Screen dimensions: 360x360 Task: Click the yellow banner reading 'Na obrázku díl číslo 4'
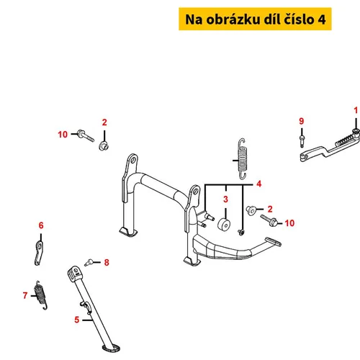(255, 19)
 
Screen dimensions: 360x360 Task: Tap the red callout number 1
(356, 110)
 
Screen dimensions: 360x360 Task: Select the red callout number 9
(302, 121)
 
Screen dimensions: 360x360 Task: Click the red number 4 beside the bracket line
(258, 184)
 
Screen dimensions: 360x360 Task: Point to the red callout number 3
(225, 199)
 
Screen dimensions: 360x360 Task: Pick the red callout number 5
(76, 320)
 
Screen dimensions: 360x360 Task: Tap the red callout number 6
(41, 225)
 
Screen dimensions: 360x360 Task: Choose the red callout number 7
(25, 295)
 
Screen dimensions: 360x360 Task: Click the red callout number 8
(107, 262)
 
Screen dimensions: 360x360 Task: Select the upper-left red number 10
(63, 135)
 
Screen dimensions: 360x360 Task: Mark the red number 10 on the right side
(289, 223)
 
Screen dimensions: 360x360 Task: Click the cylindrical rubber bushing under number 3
(224, 225)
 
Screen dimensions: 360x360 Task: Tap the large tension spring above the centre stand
(243, 158)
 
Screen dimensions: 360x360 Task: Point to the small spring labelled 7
(41, 295)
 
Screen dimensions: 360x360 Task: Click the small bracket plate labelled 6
(39, 253)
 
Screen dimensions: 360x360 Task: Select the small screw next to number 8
(89, 262)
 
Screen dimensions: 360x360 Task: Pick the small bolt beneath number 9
(302, 141)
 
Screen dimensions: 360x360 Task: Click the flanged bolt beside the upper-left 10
(86, 135)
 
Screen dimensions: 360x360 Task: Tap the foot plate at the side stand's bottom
(111, 348)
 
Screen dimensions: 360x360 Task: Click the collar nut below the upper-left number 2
(104, 145)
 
